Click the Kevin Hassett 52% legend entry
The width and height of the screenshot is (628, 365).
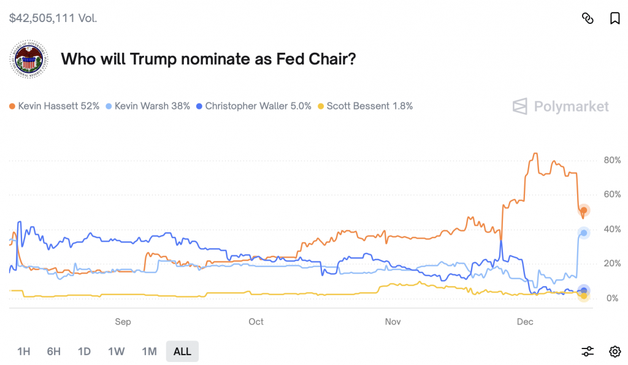[55, 106]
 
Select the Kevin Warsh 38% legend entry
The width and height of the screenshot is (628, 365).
[148, 106]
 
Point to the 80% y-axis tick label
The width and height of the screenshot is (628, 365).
[612, 160]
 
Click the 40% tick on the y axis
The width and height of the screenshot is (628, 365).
[612, 229]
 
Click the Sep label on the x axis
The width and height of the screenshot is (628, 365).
[123, 322]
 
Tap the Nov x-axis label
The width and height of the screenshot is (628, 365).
[393, 322]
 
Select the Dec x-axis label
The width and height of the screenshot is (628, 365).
[525, 322]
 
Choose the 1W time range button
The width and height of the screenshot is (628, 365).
[116, 352]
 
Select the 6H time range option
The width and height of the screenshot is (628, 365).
[54, 352]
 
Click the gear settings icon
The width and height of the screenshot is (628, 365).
[615, 352]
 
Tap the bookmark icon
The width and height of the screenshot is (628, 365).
[615, 18]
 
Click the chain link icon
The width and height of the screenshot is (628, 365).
[588, 18]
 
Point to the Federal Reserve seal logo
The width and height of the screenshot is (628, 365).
[29, 60]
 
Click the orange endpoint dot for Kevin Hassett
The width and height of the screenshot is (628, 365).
[584, 211]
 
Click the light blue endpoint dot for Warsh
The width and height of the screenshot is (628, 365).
[584, 233]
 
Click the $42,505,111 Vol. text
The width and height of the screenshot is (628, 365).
[53, 18]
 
